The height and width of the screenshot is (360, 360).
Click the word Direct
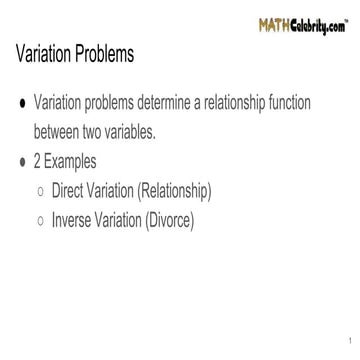tap(81, 187)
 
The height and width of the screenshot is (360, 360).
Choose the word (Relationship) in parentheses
tap(200, 187)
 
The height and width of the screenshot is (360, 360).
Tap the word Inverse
tap(85, 214)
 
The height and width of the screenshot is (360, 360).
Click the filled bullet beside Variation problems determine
tap(20, 105)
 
